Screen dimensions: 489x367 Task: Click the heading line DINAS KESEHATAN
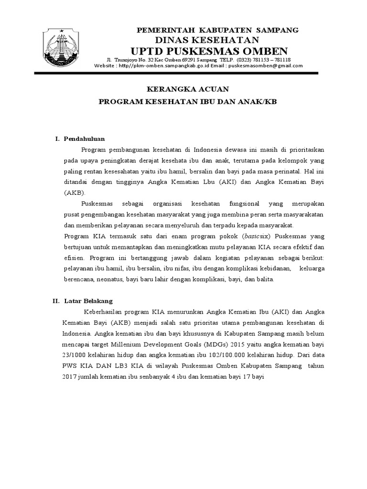click(206, 40)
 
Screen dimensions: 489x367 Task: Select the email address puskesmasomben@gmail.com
click(265, 66)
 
